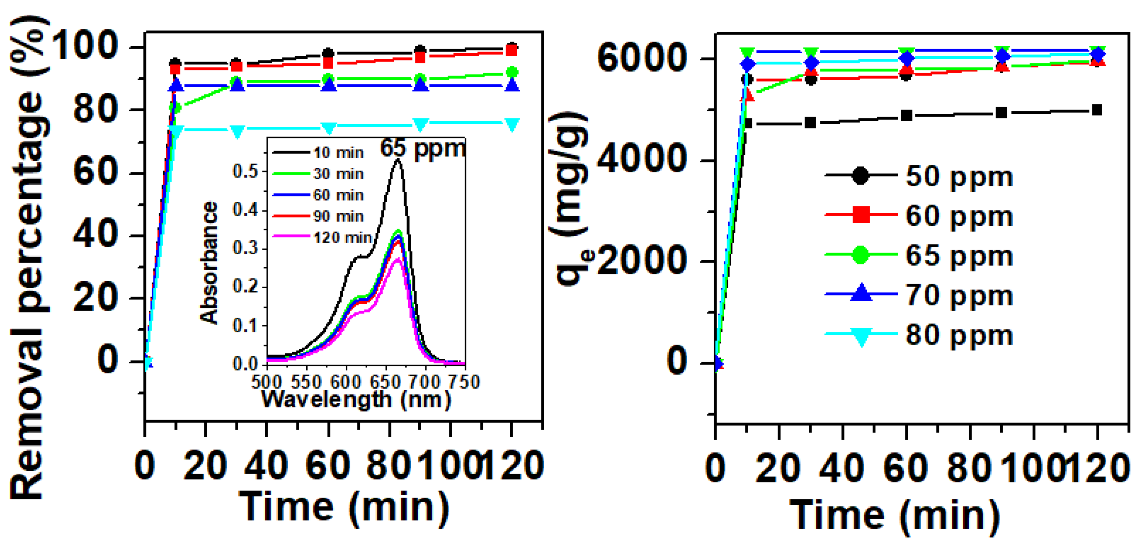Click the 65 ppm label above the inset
click(422, 148)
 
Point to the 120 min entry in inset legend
click(342, 238)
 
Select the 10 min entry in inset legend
click(338, 153)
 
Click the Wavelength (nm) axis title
click(356, 399)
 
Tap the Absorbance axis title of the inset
click(209, 263)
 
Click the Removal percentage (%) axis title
click(28, 258)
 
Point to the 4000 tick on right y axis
click(641, 159)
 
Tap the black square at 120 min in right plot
click(1097, 110)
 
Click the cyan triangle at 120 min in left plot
click(512, 124)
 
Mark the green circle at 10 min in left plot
click(175, 107)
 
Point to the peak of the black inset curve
click(397, 160)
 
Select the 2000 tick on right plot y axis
click(641, 261)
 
